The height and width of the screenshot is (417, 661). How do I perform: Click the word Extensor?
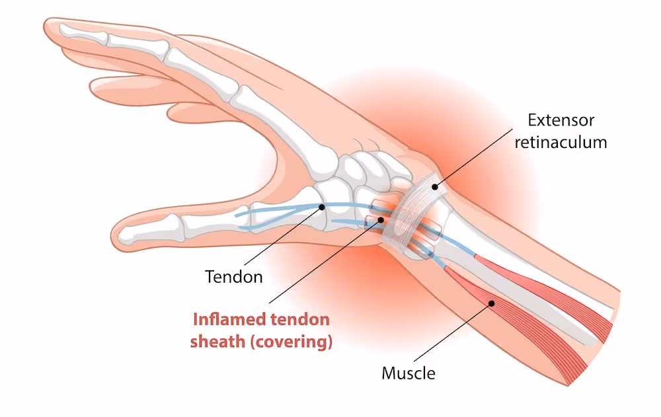[x=561, y=120]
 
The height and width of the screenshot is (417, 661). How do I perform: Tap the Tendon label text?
[x=233, y=276]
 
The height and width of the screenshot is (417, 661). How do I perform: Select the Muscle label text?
[x=408, y=373]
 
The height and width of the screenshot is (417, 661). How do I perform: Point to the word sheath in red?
[x=216, y=342]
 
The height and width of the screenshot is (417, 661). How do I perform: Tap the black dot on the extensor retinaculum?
[x=435, y=186]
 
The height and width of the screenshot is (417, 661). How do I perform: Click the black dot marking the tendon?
[x=322, y=207]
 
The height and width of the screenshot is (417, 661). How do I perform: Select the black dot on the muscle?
[x=492, y=303]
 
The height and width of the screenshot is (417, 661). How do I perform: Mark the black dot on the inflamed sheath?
[x=381, y=219]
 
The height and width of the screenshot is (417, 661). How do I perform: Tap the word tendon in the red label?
[x=301, y=320]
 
